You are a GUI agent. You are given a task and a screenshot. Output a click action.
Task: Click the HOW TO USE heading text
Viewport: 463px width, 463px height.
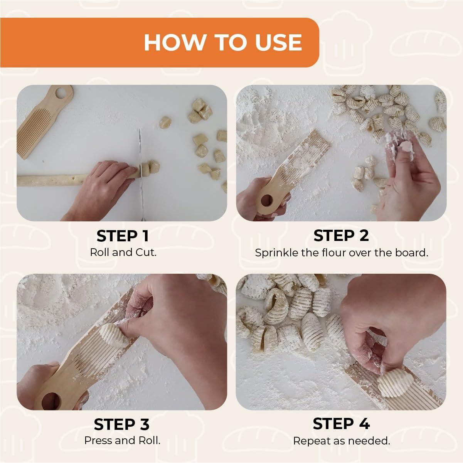click(x=222, y=42)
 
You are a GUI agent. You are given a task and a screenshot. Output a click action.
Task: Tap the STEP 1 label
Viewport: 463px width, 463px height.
click(x=122, y=236)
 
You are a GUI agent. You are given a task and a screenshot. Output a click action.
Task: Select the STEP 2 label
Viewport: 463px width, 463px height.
click(x=341, y=236)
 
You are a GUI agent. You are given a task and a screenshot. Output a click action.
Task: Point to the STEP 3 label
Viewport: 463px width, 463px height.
click(x=121, y=424)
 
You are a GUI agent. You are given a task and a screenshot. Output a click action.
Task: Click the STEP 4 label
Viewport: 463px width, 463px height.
click(x=341, y=424)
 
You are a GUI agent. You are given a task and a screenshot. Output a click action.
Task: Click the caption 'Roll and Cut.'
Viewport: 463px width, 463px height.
click(x=123, y=253)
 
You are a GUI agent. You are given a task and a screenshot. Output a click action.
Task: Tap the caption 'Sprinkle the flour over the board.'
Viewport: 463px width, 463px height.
click(x=341, y=253)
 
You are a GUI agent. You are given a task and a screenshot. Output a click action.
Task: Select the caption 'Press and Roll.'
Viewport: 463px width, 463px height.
click(x=122, y=440)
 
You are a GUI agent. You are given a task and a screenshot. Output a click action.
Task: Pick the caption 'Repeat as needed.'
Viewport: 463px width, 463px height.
click(x=341, y=440)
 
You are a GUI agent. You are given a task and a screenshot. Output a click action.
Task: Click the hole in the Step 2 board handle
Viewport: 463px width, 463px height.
click(x=266, y=200)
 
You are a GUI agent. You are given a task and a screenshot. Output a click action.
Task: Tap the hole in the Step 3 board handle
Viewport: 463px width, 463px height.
click(x=51, y=401)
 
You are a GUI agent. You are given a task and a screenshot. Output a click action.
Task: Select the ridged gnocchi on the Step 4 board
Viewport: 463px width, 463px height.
click(x=392, y=382)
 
